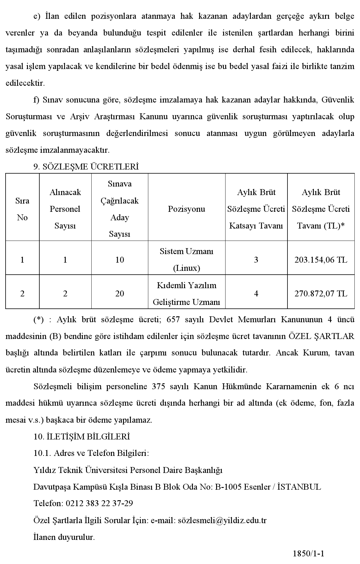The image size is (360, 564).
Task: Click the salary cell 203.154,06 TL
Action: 321,260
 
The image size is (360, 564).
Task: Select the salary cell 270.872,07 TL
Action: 321,294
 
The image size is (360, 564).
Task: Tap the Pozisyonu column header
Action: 186,209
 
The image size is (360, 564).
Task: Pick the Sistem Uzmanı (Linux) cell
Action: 186,260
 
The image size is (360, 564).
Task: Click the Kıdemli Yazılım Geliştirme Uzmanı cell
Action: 186,294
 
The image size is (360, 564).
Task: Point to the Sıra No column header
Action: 22,209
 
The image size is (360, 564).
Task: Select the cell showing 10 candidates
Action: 120,260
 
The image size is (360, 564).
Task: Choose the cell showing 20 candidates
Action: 120,294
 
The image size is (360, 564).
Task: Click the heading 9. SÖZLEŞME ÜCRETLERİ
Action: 86,167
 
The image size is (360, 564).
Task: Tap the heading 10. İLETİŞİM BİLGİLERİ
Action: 82,437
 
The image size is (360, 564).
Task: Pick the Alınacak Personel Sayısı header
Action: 65,209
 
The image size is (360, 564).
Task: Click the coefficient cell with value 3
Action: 256,260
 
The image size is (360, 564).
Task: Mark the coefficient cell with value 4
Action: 256,294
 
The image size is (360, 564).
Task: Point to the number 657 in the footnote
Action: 173,320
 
